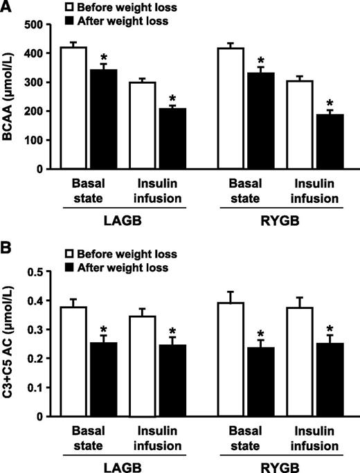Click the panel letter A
tap(6, 7)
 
